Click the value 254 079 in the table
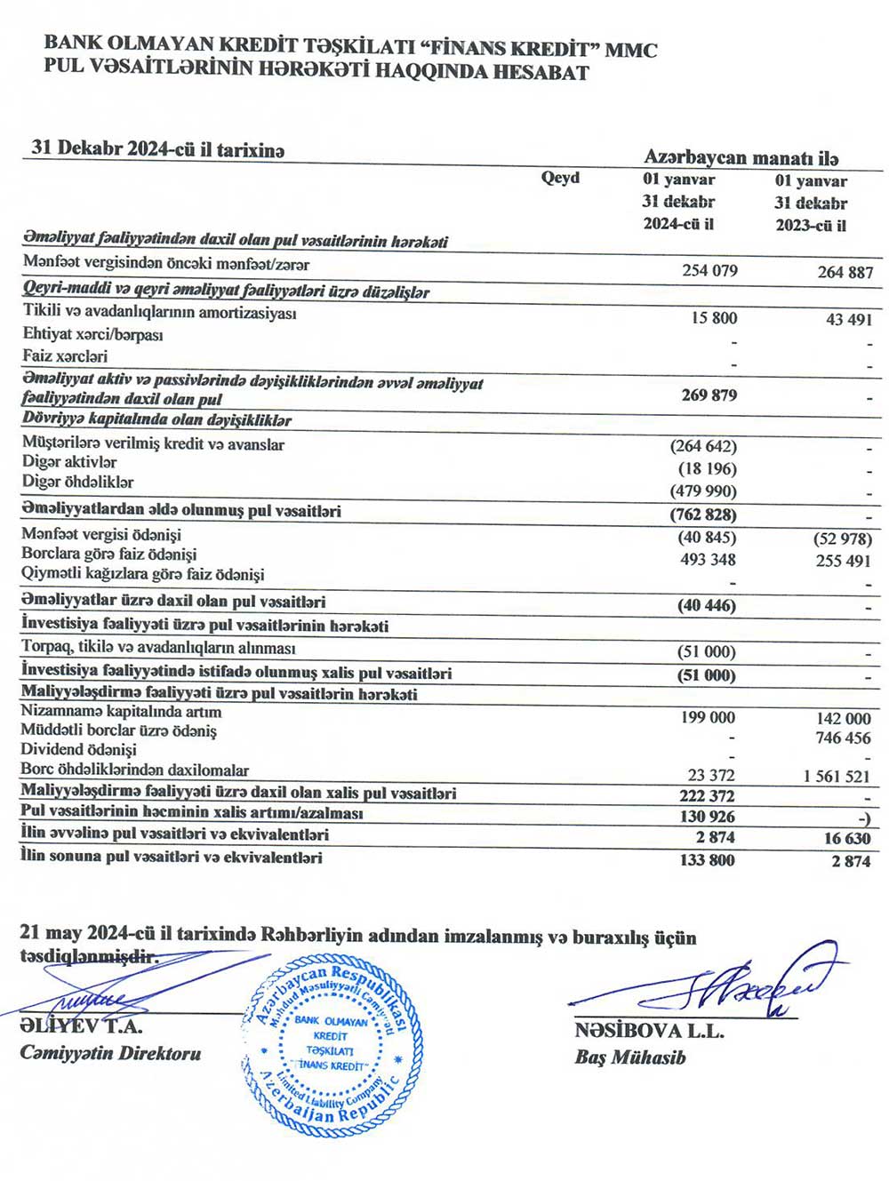pos(709,270)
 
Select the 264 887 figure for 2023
pos(845,272)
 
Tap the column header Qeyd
pos(560,178)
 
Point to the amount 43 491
pos(849,319)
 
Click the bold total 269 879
pos(709,395)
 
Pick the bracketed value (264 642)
pos(703,446)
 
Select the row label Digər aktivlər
pos(69,462)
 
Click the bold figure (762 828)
pos(703,515)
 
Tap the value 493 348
pos(709,559)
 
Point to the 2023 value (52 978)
pos(843,539)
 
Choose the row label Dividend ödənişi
pos(78,750)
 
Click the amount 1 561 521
pos(837,776)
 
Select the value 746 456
pos(843,738)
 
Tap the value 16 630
pos(846,838)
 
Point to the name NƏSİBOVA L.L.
pos(649,1031)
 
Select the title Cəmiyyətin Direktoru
pos(110,1053)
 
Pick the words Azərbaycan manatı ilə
pos(741,157)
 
